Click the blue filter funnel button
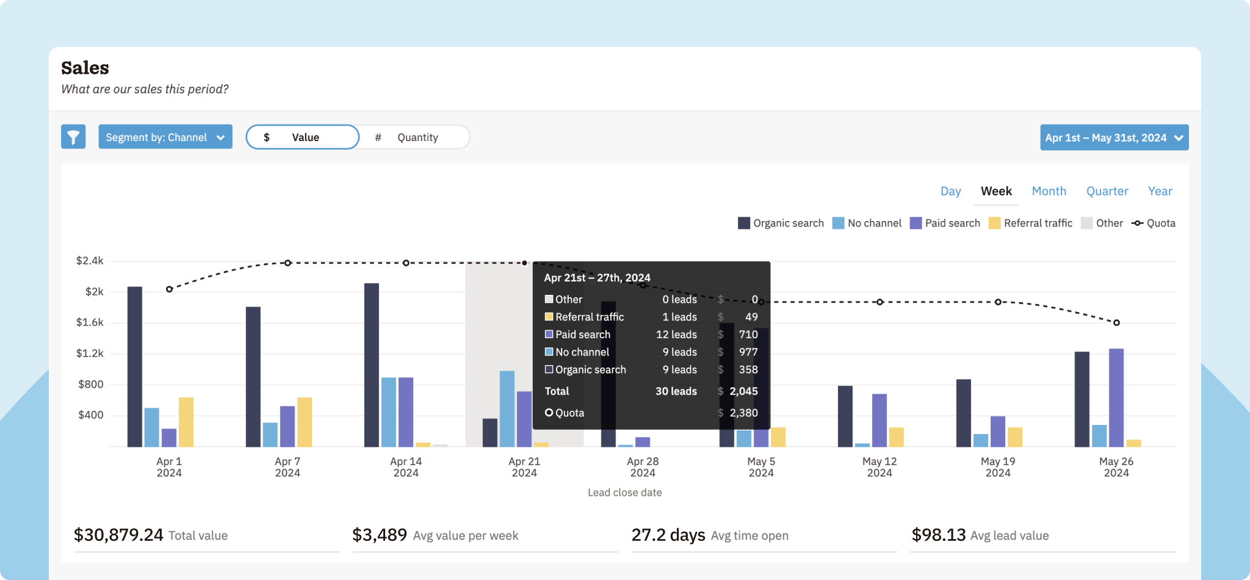(73, 137)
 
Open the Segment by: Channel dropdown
(165, 137)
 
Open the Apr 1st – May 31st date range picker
(1114, 137)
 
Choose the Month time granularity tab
(1049, 191)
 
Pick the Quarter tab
(1107, 191)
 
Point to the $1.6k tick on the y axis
(90, 322)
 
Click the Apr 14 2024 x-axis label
(406, 467)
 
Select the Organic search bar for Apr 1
(135, 366)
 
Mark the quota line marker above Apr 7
(287, 263)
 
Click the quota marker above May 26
(1116, 322)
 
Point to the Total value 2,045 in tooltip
(743, 391)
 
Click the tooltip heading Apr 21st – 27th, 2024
(597, 278)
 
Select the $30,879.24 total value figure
(118, 535)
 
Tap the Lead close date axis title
(624, 492)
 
